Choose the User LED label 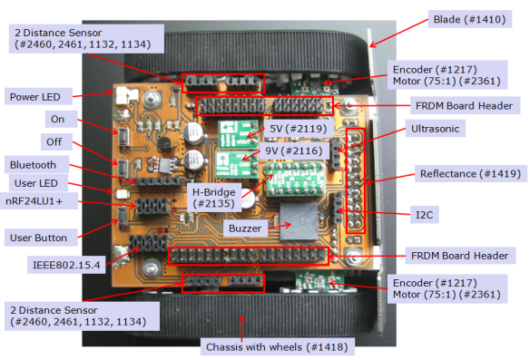click(x=39, y=184)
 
